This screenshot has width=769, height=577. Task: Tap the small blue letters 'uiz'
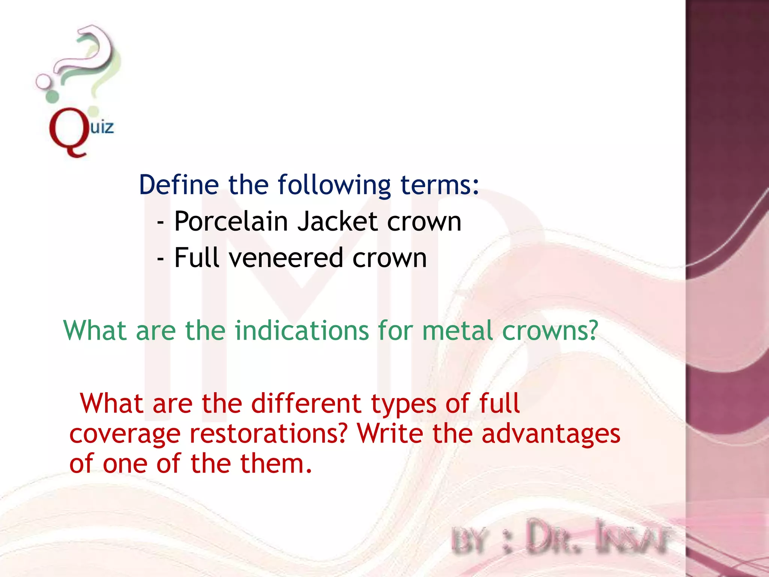102,127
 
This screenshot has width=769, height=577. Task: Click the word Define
179,185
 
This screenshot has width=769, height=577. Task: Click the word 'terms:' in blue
440,185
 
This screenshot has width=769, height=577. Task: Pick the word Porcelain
231,221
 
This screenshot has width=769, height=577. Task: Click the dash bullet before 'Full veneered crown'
160,259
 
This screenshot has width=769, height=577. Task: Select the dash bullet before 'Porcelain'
160,223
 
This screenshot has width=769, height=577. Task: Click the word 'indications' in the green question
302,331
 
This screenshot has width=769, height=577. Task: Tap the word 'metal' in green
457,331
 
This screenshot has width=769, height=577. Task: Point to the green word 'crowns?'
550,331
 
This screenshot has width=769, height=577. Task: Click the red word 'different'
306,403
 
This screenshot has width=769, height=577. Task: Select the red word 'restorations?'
268,434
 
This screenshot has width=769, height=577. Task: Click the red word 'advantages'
550,434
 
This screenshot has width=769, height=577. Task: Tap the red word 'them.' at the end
276,464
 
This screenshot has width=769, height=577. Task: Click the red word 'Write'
390,434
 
